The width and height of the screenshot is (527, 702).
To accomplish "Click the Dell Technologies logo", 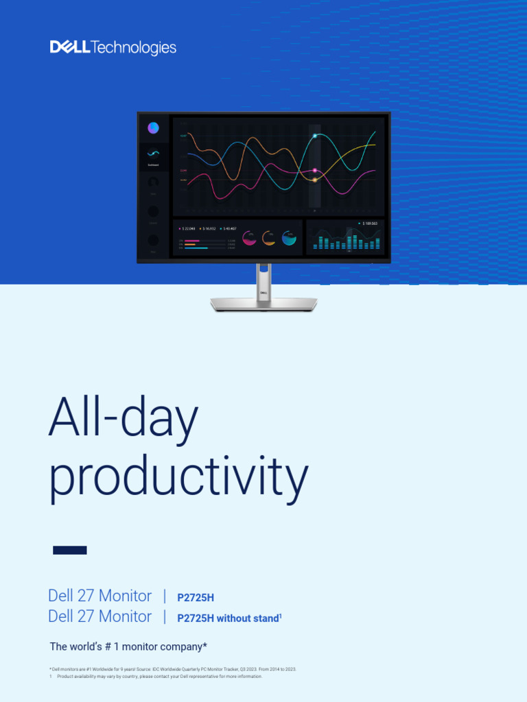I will [x=113, y=47].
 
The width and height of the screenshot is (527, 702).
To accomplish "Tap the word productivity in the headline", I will [x=178, y=478].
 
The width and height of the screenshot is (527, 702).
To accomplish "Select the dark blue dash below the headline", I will [x=70, y=550].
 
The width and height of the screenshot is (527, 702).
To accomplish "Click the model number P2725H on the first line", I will [x=196, y=598].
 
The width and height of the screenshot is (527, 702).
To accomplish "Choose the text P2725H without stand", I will [x=229, y=618].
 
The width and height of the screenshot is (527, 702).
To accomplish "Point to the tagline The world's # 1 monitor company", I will [x=128, y=646].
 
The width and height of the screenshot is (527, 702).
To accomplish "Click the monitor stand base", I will [x=263, y=304].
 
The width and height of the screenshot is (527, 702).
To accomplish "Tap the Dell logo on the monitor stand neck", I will [x=263, y=291].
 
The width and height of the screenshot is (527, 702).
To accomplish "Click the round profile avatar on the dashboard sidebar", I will [x=153, y=128].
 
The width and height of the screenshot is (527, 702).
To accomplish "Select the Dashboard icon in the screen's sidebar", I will [x=153, y=155].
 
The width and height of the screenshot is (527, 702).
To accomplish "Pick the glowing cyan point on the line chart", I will [x=315, y=136].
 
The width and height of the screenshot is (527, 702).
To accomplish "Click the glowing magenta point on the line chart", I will [x=315, y=170].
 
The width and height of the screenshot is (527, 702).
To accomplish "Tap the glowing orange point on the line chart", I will [x=315, y=180].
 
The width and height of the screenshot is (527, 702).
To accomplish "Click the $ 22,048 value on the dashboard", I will [x=187, y=228].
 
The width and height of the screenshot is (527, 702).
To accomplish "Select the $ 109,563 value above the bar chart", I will [x=371, y=223].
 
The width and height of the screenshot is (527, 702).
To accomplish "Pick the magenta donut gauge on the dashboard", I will [x=249, y=238].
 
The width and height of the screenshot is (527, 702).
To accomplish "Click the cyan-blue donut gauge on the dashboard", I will [x=289, y=238].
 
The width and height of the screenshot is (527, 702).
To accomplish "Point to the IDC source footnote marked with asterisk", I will [x=172, y=668].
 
